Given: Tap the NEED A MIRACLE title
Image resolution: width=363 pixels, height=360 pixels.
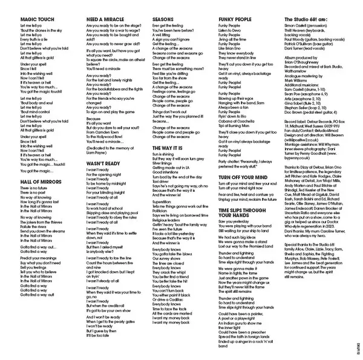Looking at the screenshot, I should pyautogui.click(x=106, y=19).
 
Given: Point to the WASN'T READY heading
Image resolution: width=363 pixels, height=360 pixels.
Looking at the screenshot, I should pyautogui.click(x=104, y=163).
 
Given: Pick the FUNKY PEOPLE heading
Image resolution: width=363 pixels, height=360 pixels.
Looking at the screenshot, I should pyautogui.click(x=235, y=19).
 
